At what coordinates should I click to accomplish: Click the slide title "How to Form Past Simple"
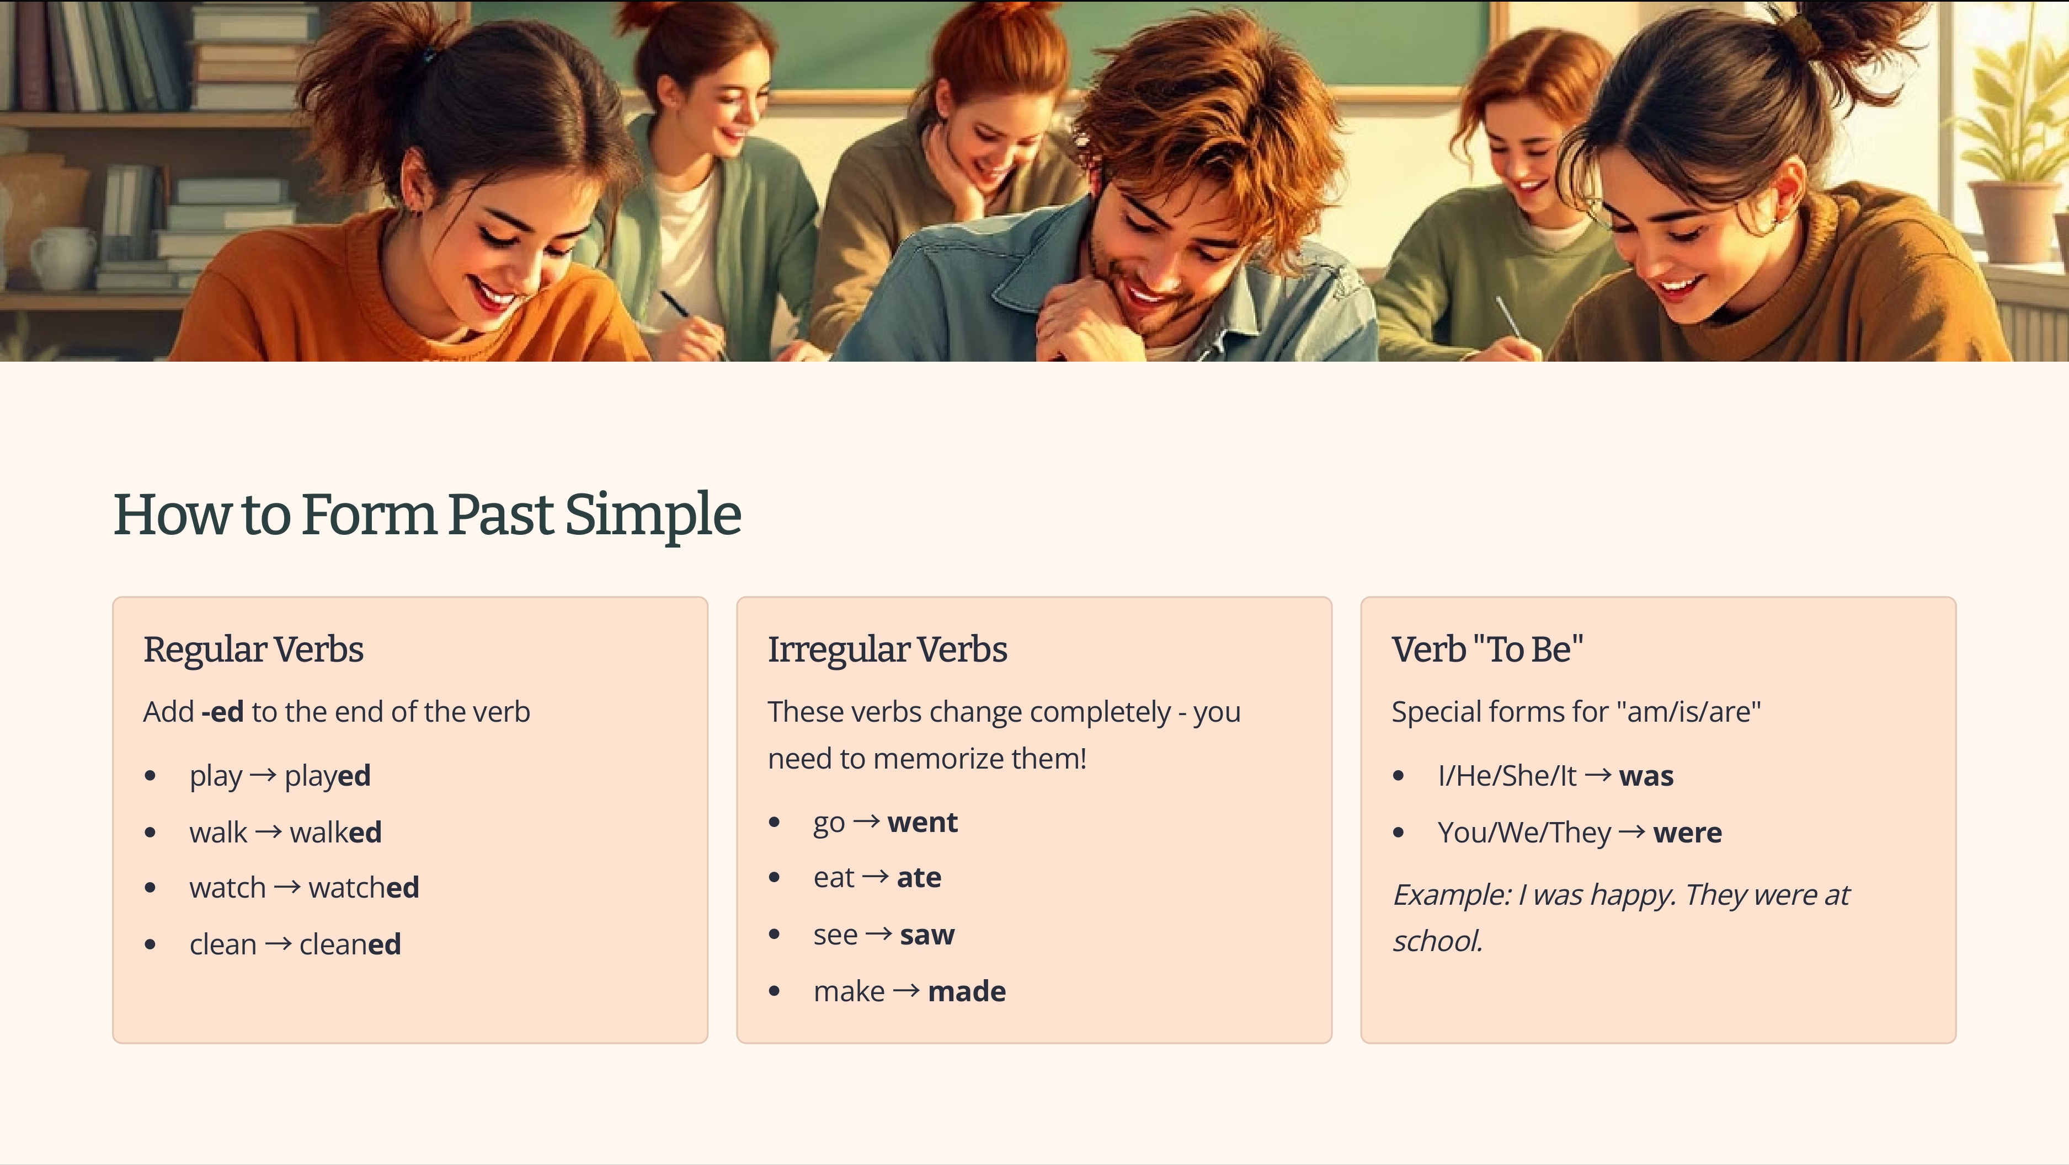point(426,514)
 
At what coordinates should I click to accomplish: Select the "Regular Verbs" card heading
point(253,649)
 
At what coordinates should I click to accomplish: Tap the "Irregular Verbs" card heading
point(887,649)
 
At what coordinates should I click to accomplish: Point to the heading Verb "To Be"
point(1487,649)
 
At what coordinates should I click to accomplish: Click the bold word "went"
point(922,822)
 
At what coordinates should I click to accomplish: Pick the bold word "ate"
point(919,878)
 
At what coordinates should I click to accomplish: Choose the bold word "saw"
point(927,935)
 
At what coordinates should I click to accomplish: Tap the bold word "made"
point(966,991)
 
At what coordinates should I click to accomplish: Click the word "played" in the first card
point(327,776)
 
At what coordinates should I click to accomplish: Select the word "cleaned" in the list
point(349,945)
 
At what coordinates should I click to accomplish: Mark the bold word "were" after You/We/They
point(1687,833)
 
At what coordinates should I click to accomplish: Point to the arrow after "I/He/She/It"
point(1597,775)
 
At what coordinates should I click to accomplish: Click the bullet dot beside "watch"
point(150,888)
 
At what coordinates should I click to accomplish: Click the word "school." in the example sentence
point(1437,941)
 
